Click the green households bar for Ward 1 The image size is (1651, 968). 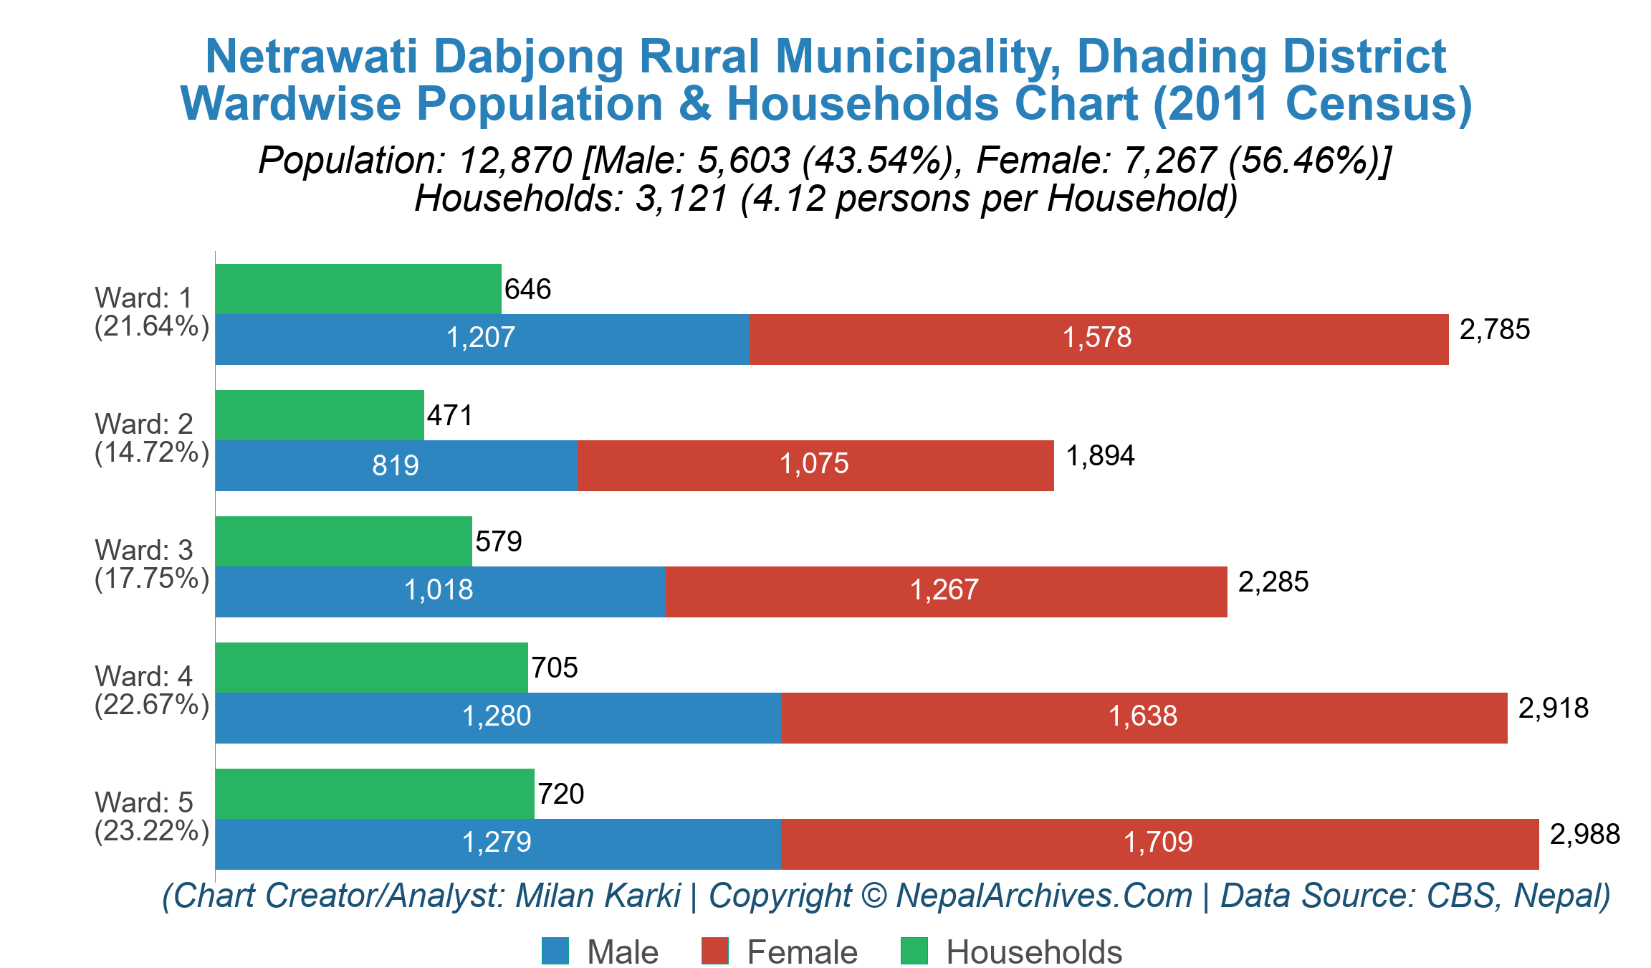(358, 289)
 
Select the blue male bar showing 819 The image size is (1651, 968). (396, 465)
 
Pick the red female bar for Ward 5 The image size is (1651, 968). (1159, 843)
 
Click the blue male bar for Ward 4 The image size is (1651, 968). (498, 717)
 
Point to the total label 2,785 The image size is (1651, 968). (1494, 330)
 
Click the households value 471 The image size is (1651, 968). (450, 416)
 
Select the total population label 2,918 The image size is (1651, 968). (1553, 708)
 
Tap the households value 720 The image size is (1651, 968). (560, 794)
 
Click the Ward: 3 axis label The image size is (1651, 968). (144, 551)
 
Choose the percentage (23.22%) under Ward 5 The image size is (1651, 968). (152, 831)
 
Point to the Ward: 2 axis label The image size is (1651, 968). (144, 424)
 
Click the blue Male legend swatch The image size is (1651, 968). (555, 952)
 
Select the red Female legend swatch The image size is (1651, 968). (714, 952)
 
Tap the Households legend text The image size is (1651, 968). (1033, 952)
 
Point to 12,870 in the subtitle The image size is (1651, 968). (515, 161)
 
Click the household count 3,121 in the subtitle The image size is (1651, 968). (681, 199)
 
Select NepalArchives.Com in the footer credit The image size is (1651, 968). (1044, 896)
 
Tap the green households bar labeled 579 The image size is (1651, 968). (343, 541)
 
